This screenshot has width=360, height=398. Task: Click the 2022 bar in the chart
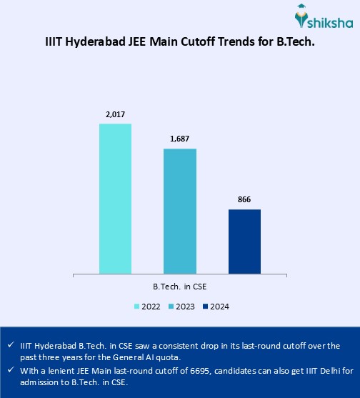[115, 199]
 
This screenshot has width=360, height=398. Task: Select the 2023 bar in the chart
[180, 211]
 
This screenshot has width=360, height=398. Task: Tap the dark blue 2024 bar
[244, 241]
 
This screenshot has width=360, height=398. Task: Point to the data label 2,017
[115, 114]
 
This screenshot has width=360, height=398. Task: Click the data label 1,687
[180, 139]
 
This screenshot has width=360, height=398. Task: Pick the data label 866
[244, 199]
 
